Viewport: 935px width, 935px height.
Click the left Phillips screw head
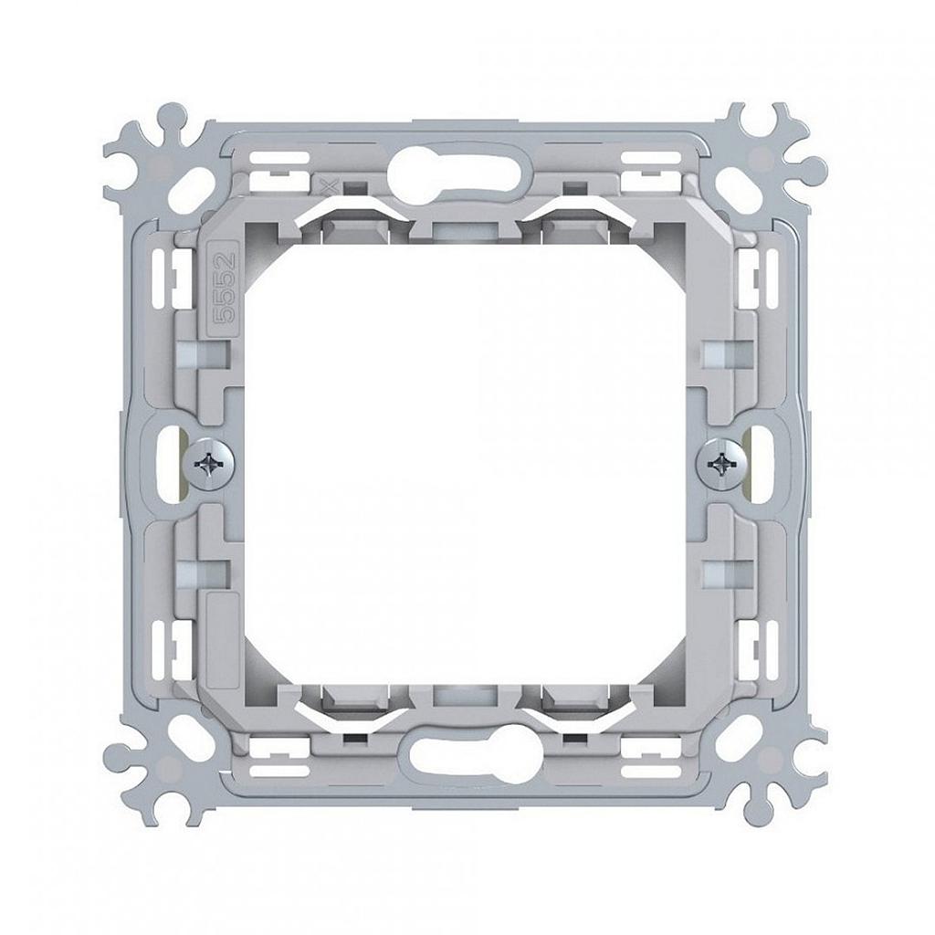211,465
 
